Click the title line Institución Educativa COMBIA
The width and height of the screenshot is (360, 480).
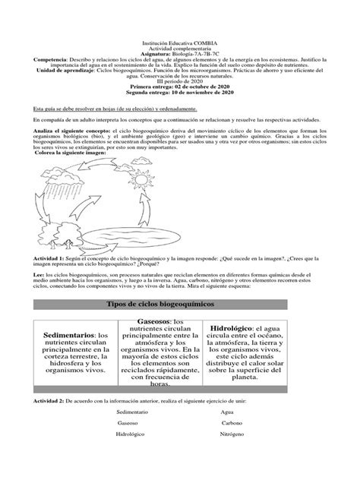180,45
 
